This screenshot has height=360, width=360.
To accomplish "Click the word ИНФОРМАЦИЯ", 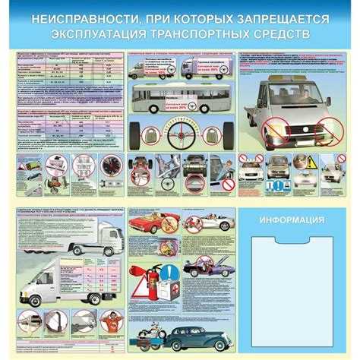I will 292,220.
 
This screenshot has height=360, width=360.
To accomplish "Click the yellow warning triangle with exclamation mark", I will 311,162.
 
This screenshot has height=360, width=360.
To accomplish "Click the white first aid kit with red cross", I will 175,298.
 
